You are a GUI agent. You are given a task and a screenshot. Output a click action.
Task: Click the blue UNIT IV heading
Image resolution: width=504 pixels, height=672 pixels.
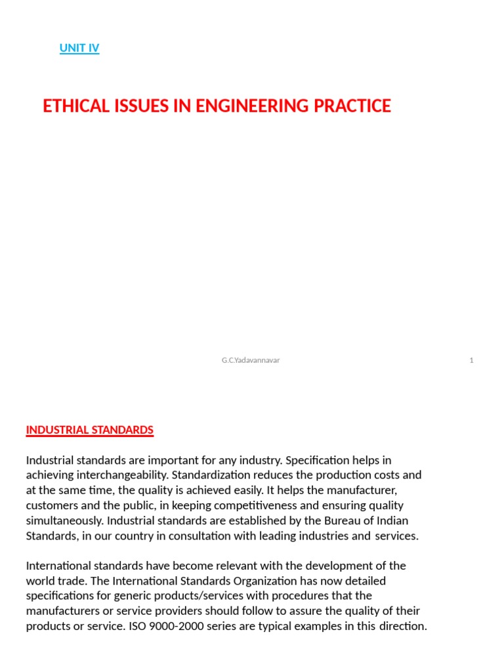[x=79, y=48]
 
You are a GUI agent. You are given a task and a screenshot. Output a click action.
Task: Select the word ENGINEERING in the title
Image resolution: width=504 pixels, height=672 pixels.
[x=250, y=106]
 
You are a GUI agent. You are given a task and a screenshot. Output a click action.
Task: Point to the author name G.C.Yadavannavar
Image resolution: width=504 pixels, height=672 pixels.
[x=251, y=360]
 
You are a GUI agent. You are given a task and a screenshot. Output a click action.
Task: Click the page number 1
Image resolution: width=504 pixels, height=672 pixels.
[x=471, y=360]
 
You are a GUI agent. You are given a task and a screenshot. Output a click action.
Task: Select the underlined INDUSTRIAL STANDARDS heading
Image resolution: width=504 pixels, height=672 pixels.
[x=90, y=430]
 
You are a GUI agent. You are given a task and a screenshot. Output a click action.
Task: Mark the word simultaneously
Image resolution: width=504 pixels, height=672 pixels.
[x=64, y=521]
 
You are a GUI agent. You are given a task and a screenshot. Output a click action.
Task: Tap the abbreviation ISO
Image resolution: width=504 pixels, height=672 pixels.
[x=145, y=626]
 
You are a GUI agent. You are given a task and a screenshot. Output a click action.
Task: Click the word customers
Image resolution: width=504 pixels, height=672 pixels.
[x=51, y=505]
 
